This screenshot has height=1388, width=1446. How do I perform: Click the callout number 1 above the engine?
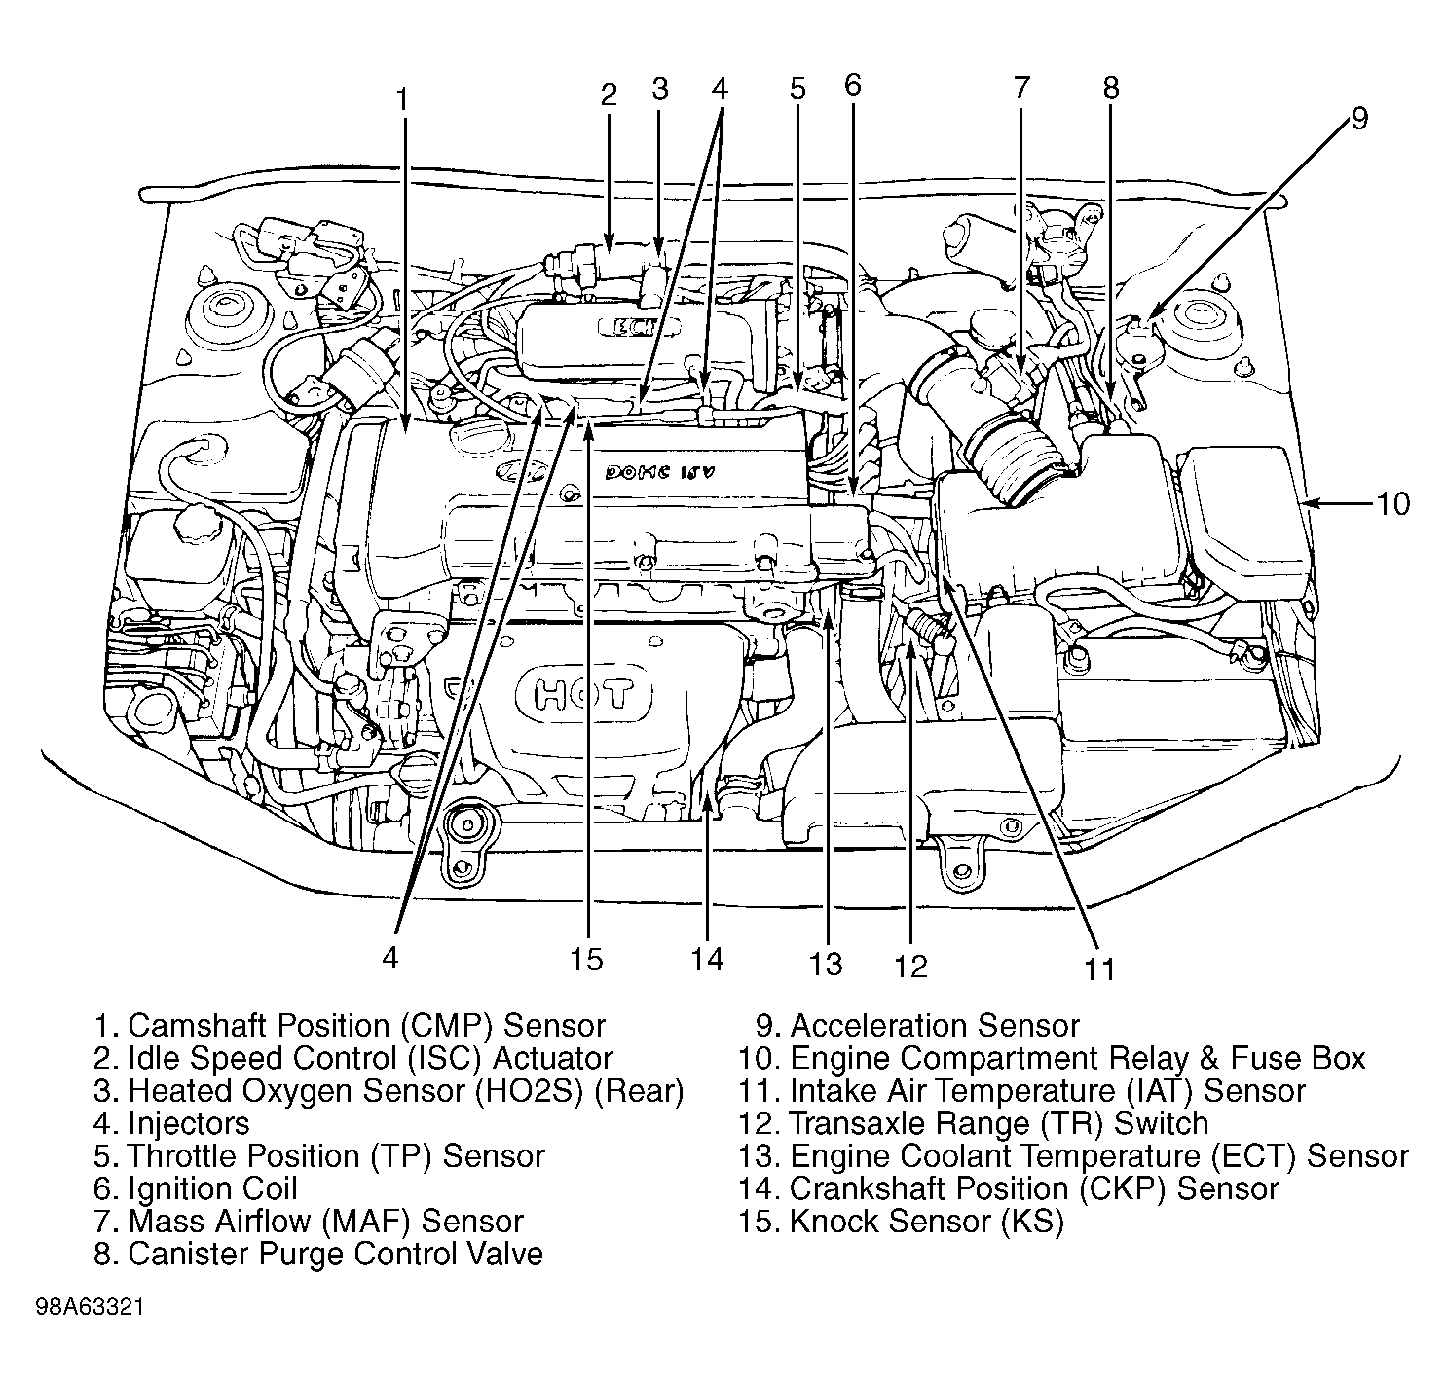pyautogui.click(x=402, y=99)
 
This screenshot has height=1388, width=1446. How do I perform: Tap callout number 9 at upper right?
pyautogui.click(x=1359, y=118)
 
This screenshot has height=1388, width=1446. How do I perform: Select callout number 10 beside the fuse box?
pyautogui.click(x=1393, y=504)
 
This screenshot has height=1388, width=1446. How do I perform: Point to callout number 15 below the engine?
pyautogui.click(x=586, y=959)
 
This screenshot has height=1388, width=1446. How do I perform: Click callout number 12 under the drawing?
pyautogui.click(x=911, y=967)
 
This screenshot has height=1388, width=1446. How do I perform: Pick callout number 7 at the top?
pyautogui.click(x=1021, y=88)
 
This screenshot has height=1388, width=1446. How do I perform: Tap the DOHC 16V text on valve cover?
pyautogui.click(x=659, y=471)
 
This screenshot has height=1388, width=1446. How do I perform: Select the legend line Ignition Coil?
pyautogui.click(x=196, y=1188)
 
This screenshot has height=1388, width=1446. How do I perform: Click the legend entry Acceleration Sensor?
pyautogui.click(x=917, y=1026)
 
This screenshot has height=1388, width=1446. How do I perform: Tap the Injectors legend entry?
pyautogui.click(x=171, y=1123)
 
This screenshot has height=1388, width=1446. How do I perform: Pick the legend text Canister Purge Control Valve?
pyautogui.click(x=318, y=1254)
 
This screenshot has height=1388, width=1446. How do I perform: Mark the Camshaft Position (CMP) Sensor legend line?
pyautogui.click(x=350, y=1026)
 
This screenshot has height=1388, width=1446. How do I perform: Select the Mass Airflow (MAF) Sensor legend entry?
pyautogui.click(x=309, y=1222)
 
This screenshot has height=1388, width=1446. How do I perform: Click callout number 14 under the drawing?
pyautogui.click(x=707, y=959)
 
